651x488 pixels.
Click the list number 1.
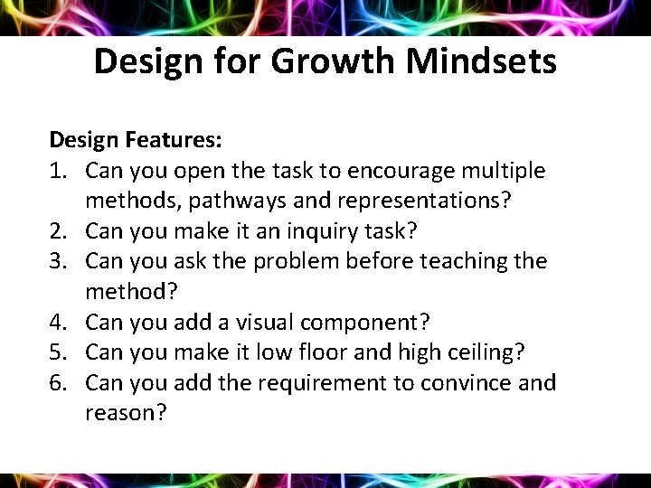click(57, 170)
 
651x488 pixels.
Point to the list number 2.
click(57, 230)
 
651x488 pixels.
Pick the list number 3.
click(57, 261)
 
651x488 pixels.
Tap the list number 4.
click(57, 322)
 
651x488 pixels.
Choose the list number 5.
click(57, 352)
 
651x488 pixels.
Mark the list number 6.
click(57, 382)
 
